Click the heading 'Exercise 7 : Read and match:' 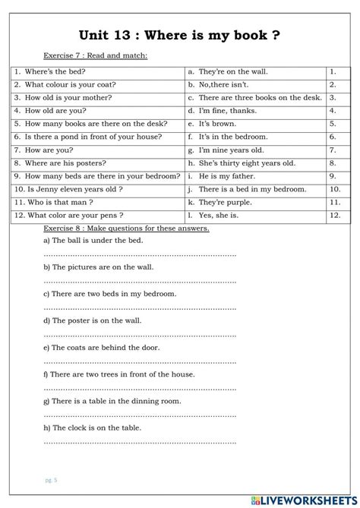click(95, 55)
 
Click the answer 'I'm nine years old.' click(231, 150)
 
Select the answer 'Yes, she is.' click(221, 215)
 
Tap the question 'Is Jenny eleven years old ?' click(73, 189)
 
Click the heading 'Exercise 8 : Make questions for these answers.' click(126, 228)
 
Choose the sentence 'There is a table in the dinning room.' click(111, 400)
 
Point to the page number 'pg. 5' click(51, 480)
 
